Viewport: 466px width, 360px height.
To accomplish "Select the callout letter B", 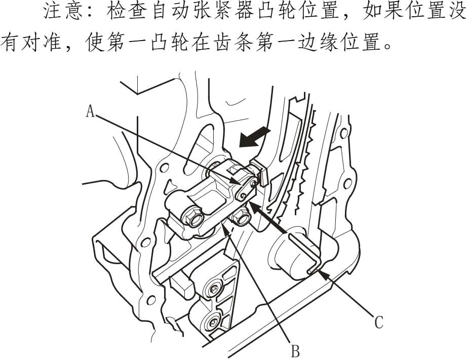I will (295, 349).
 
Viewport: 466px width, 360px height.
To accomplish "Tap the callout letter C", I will (378, 322).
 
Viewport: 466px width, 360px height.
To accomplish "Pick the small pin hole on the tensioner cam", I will (245, 195).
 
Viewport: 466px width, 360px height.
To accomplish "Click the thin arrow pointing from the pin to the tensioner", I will (268, 218).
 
